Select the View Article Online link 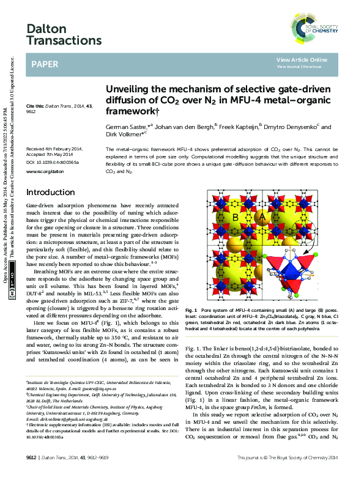pyautogui.click(x=302, y=59)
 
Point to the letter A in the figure pyautogui.click(x=264, y=216)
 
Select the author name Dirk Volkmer pyautogui.click(x=124, y=135)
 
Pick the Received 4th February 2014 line pyautogui.click(x=54, y=149)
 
